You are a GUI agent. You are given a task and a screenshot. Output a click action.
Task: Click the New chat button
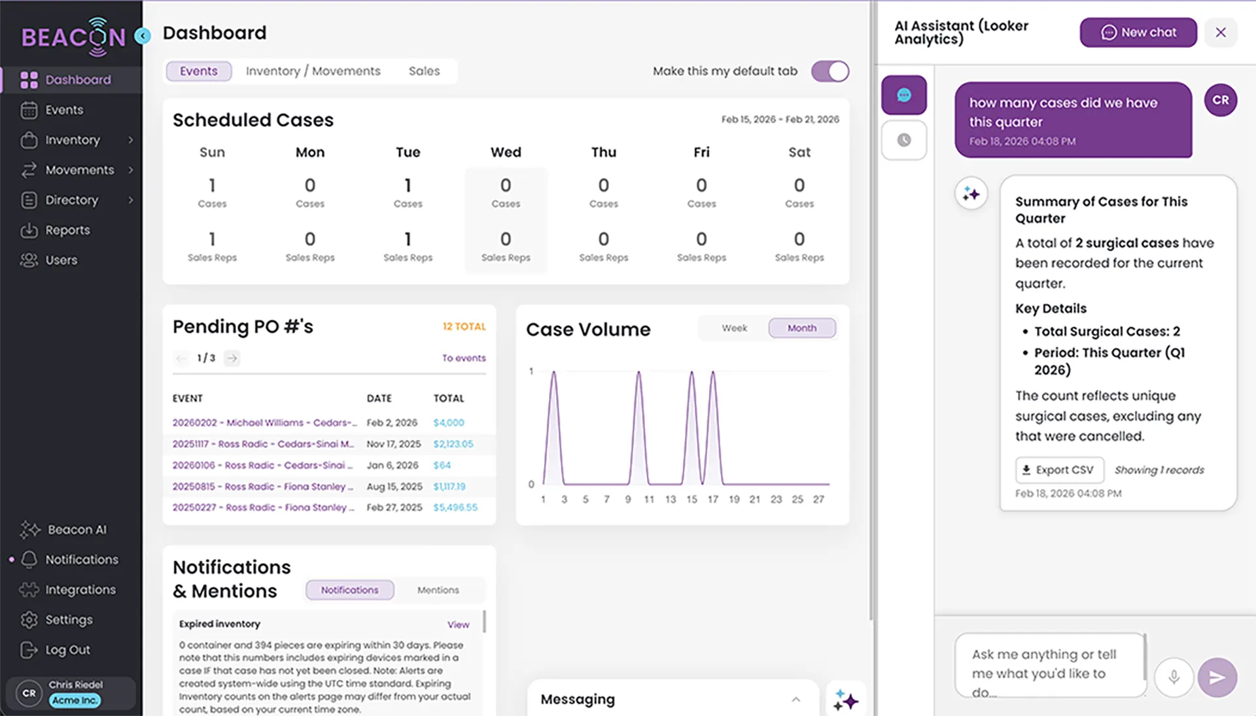[1138, 33]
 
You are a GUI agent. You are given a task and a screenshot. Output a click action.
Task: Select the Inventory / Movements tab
[313, 71]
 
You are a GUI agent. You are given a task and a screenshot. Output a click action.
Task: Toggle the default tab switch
[829, 71]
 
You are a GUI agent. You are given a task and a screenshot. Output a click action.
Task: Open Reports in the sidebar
[67, 230]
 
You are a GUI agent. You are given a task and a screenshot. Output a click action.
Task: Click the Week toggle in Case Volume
[734, 328]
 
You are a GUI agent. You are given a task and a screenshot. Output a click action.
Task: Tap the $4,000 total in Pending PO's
[448, 423]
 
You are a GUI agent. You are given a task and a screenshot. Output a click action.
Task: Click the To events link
[463, 358]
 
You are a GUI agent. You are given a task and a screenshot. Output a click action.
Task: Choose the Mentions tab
[438, 590]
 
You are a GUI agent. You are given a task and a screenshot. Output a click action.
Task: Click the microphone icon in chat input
[1174, 677]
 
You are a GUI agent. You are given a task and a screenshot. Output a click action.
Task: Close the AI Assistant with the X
[1220, 33]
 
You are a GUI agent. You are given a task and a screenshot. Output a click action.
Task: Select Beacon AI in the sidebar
[76, 530]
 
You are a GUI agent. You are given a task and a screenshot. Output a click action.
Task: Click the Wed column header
[506, 152]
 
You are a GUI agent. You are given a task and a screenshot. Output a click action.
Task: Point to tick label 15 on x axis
[691, 500]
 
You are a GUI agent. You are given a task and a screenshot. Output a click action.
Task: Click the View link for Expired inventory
[458, 624]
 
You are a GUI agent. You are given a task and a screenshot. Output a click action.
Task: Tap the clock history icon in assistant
[903, 140]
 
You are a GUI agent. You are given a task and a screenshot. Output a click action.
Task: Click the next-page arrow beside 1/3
[232, 358]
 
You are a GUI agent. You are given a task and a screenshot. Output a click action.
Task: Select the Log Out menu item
[67, 650]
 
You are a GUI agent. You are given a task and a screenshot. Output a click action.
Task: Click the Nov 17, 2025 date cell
[393, 444]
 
